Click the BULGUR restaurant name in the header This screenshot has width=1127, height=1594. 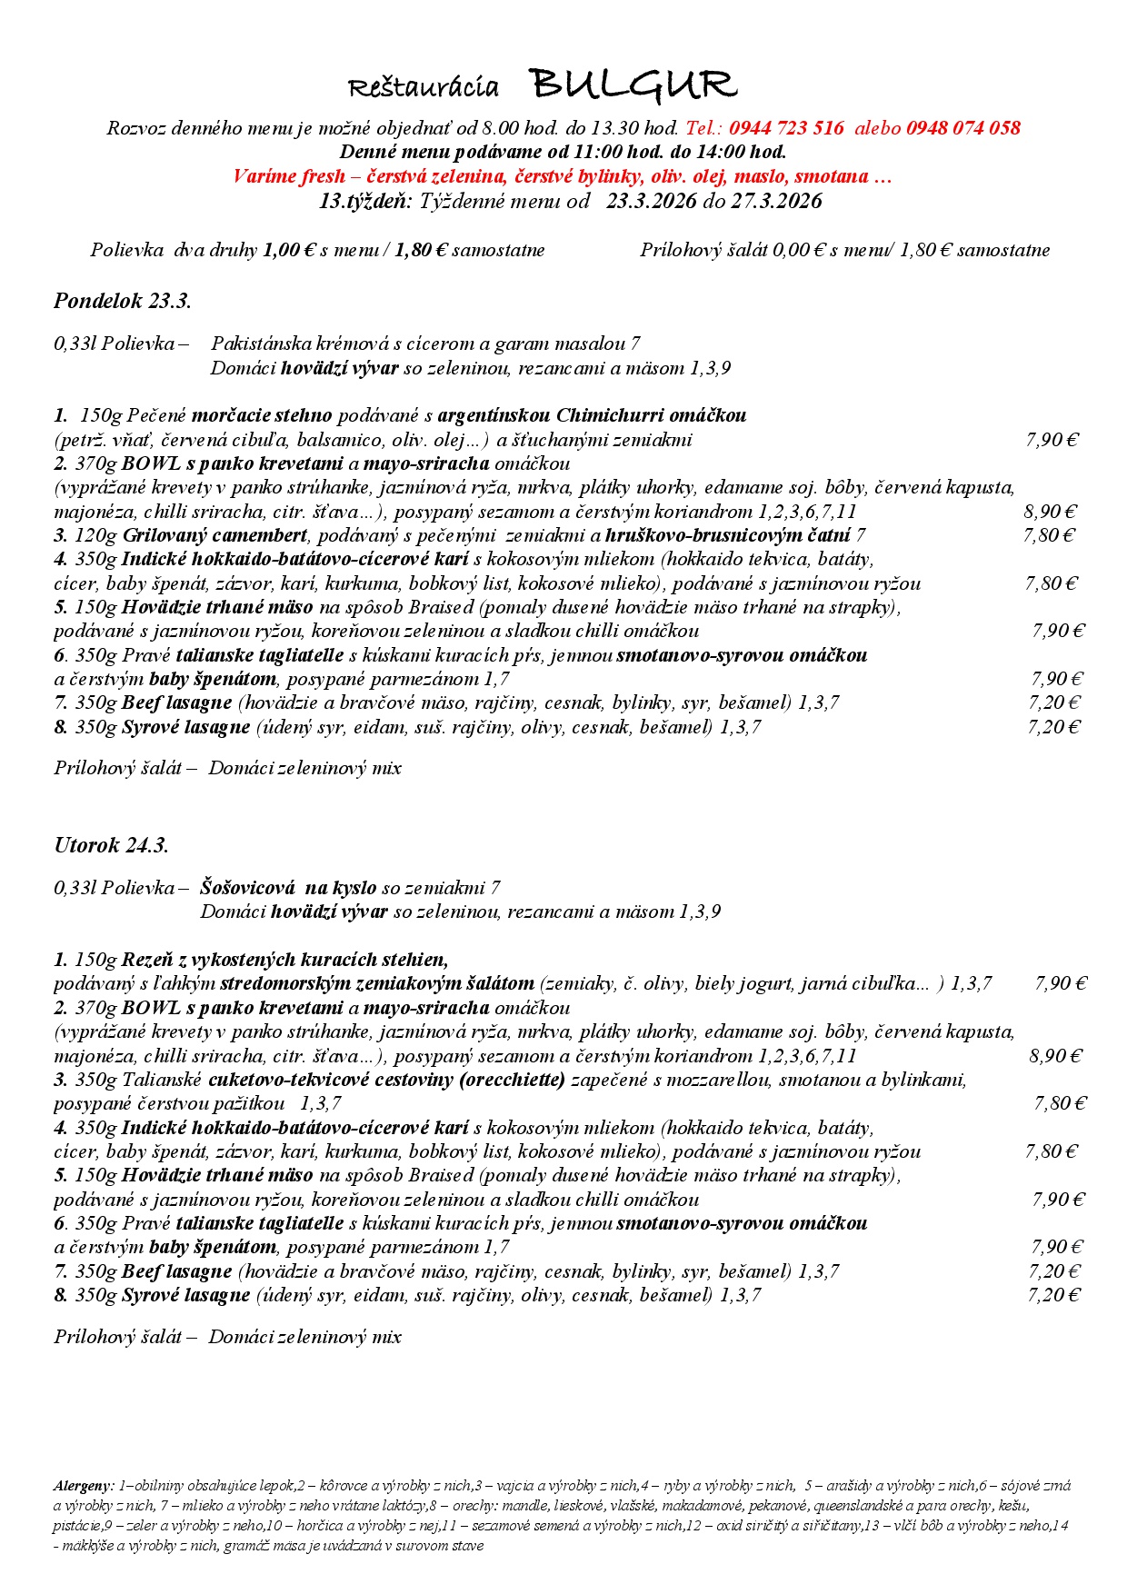tap(633, 85)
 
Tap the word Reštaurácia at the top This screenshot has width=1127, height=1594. tap(424, 88)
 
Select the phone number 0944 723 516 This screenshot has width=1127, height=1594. tap(786, 128)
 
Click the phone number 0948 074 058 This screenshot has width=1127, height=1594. tap(963, 128)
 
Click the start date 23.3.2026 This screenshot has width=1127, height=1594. tap(652, 201)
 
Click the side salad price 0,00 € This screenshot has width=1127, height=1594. tap(798, 250)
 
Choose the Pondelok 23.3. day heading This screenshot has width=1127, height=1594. tap(123, 301)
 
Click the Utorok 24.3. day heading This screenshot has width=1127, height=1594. tap(111, 845)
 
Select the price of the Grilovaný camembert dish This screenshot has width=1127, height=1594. tap(1049, 535)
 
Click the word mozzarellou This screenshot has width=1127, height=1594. tap(723, 1080)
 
